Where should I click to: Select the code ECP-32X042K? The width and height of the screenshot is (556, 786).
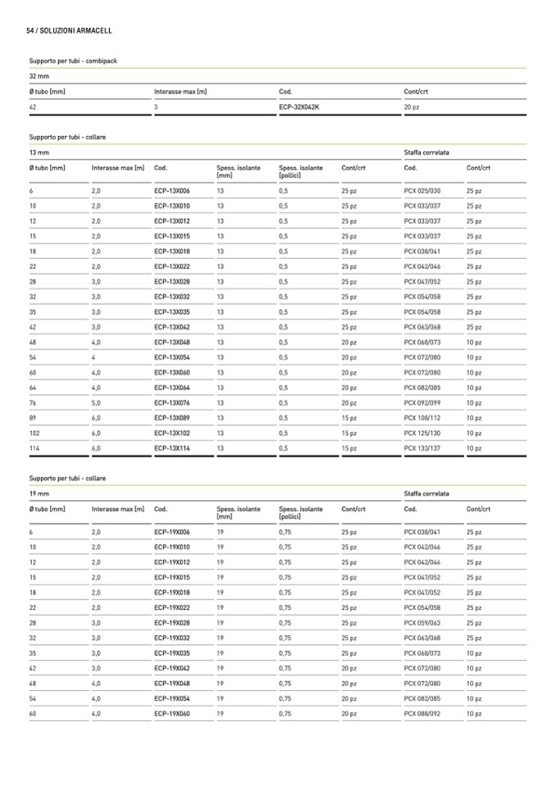tap(299, 107)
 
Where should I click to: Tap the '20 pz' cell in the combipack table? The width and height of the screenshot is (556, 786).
tap(412, 107)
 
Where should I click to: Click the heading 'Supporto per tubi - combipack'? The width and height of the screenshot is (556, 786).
tap(73, 61)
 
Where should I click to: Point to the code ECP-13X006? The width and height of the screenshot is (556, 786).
tap(171, 191)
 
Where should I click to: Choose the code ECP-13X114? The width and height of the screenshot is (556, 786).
tap(171, 448)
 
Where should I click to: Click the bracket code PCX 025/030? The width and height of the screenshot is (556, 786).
tap(422, 191)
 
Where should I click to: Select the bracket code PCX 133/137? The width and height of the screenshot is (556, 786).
tap(422, 448)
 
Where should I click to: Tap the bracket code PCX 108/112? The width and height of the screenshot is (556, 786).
tap(422, 418)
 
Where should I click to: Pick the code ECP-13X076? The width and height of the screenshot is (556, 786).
tap(171, 403)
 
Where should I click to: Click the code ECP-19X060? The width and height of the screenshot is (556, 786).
tap(171, 714)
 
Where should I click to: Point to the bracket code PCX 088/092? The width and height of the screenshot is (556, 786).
tap(422, 714)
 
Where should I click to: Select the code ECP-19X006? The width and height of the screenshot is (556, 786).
tap(171, 532)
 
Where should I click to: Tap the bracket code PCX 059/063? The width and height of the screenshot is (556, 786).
tap(422, 623)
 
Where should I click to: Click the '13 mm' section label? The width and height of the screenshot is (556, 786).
tap(39, 152)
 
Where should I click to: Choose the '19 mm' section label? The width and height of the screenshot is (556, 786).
tap(39, 493)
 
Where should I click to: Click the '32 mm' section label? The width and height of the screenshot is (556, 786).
tap(39, 76)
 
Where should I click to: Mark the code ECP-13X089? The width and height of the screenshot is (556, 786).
tap(171, 418)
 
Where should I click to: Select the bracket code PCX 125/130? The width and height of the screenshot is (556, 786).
tap(422, 434)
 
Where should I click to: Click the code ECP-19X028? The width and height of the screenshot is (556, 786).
tap(171, 623)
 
